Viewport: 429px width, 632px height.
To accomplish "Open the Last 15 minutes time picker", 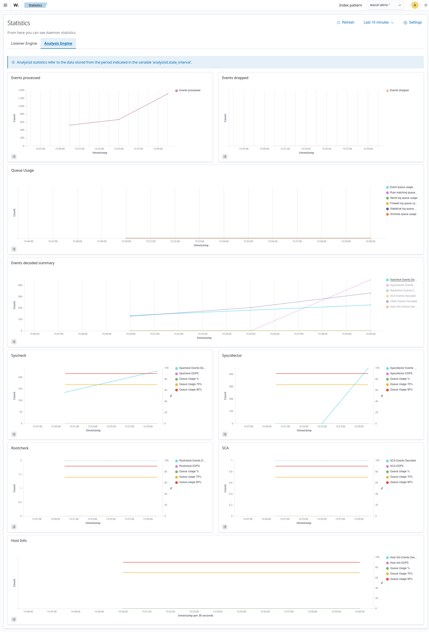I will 378,22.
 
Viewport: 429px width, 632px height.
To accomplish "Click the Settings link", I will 412,22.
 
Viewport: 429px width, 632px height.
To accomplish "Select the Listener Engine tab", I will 24,44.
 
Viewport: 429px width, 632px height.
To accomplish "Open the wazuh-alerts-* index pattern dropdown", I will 385,5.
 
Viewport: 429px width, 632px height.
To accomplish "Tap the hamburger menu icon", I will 5,5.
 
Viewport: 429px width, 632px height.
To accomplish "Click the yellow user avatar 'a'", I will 414,5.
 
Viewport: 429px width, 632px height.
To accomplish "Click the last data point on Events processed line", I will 168,94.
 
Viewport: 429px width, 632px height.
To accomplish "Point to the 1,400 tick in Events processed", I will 21,90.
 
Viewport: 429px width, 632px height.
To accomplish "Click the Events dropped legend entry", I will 399,91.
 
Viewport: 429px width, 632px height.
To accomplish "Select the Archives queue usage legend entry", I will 403,214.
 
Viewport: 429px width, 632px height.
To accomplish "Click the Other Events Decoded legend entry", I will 403,301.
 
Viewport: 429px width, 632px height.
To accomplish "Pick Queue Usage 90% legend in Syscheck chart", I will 190,390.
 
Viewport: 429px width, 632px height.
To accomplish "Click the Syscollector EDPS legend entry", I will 401,374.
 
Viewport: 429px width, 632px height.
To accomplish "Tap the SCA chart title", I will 225,448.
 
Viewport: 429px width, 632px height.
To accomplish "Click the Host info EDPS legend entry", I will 399,563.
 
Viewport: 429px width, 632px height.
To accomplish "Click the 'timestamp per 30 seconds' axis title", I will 195,616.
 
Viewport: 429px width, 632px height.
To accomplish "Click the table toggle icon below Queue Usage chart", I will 14,249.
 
